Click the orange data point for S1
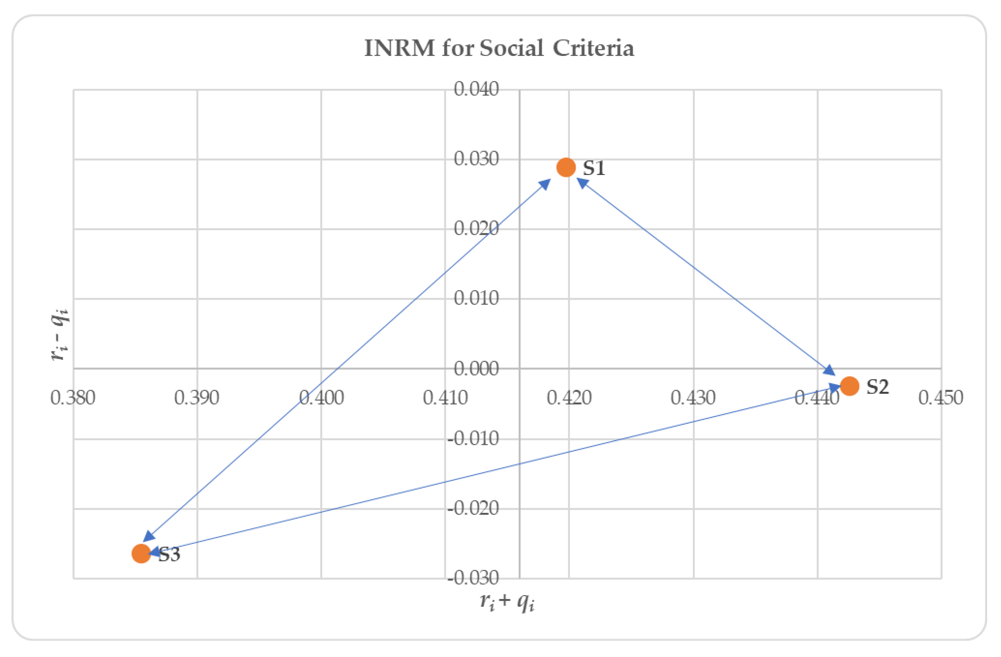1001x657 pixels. coord(566,167)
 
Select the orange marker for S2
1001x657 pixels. coord(849,386)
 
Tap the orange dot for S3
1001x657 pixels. coord(141,554)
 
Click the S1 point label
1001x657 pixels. coord(594,168)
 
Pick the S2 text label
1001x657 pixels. coord(877,387)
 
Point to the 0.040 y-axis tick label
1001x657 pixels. coord(476,89)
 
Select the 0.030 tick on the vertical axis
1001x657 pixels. coord(476,159)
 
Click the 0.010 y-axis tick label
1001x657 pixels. coord(476,298)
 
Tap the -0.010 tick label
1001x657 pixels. coord(473,438)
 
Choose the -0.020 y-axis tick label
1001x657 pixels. coord(473,508)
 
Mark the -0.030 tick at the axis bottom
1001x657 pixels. coord(473,578)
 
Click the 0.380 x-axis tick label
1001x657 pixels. coord(73,397)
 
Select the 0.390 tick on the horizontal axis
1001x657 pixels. coord(196,397)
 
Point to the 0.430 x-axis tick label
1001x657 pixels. coord(693,397)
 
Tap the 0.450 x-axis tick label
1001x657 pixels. coord(941,397)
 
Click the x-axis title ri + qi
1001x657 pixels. coord(507,601)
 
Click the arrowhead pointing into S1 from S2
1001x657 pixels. coord(582,183)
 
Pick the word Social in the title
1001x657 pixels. coord(511,47)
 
